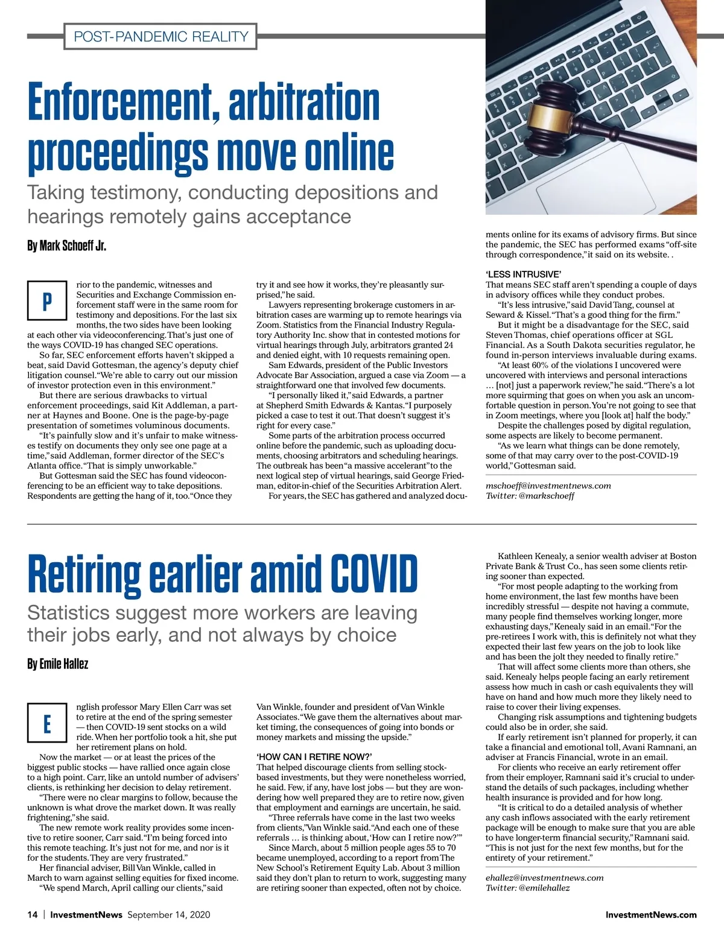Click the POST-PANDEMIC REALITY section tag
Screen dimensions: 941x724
coord(160,36)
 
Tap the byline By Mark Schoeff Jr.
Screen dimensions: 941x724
coord(66,246)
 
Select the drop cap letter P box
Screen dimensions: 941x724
coord(47,300)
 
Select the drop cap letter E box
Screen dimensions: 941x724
coord(47,723)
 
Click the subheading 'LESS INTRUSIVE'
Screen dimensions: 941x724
coord(523,274)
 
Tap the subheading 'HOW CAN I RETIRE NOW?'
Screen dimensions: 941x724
coord(314,757)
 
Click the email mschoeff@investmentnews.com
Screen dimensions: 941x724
coord(548,486)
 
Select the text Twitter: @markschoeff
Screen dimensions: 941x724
coord(530,496)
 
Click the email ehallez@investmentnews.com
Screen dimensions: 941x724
coord(544,878)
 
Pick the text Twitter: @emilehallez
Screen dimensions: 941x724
coord(527,888)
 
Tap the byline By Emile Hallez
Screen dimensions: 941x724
coord(58,664)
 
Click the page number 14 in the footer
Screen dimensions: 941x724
coord(33,914)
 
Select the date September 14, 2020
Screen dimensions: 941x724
coord(169,914)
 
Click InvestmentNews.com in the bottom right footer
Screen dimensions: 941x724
coord(650,914)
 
